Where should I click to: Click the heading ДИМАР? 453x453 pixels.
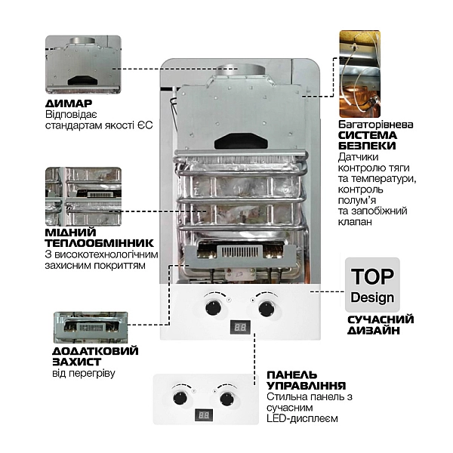(68, 103)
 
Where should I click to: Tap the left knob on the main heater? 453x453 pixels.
(214, 307)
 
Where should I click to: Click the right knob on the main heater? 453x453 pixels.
(267, 307)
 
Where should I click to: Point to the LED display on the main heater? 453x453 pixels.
(240, 328)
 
